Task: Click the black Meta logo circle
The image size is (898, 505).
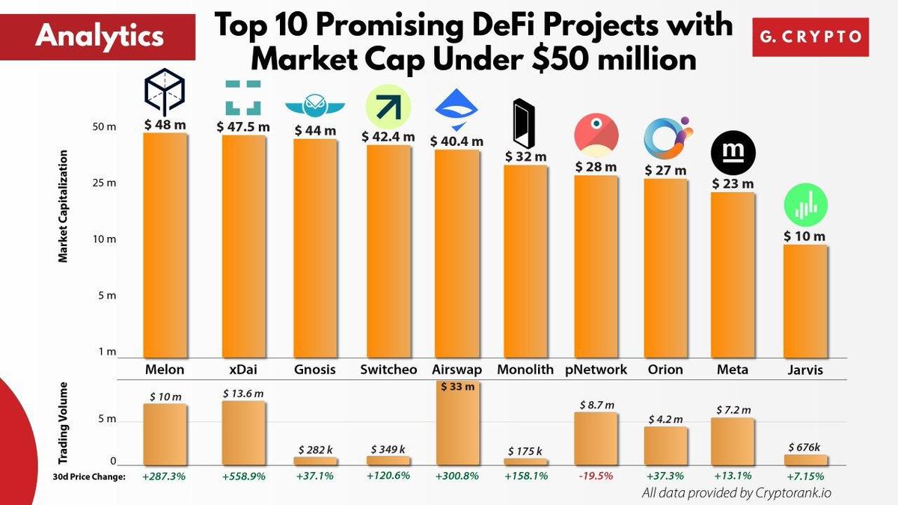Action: point(733,153)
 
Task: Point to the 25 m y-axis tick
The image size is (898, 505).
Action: point(104,183)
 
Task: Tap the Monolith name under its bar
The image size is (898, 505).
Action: point(525,369)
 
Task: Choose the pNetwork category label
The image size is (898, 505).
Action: point(596,369)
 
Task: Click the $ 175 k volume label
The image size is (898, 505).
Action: point(525,451)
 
